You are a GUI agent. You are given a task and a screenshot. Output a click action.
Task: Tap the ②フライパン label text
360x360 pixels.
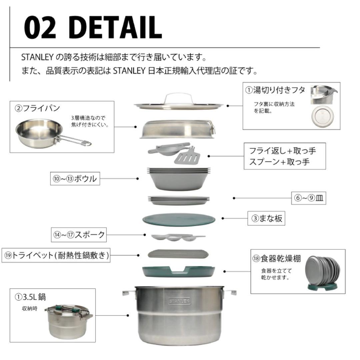coord(37,108)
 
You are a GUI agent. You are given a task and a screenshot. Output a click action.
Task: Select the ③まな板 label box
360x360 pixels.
coord(266,218)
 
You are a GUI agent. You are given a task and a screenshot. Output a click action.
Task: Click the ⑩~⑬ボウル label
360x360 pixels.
coord(75,179)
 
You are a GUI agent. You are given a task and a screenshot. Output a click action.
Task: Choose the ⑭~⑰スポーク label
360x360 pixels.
coord(79,235)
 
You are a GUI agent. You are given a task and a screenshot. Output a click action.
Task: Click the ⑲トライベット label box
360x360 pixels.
coord(56,256)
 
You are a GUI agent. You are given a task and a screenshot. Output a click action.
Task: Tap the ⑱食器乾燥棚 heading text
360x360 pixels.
coord(277,259)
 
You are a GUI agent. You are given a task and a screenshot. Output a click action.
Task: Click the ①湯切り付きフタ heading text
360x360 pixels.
coord(275,90)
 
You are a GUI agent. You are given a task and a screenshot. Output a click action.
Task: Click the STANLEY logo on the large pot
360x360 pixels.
coord(179,301)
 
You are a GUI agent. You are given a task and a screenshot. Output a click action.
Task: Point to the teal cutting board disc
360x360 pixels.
coord(179,220)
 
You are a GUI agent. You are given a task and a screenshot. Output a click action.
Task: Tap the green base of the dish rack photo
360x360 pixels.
coord(322,287)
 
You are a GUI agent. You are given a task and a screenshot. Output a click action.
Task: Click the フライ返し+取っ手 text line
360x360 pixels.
coord(282,151)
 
